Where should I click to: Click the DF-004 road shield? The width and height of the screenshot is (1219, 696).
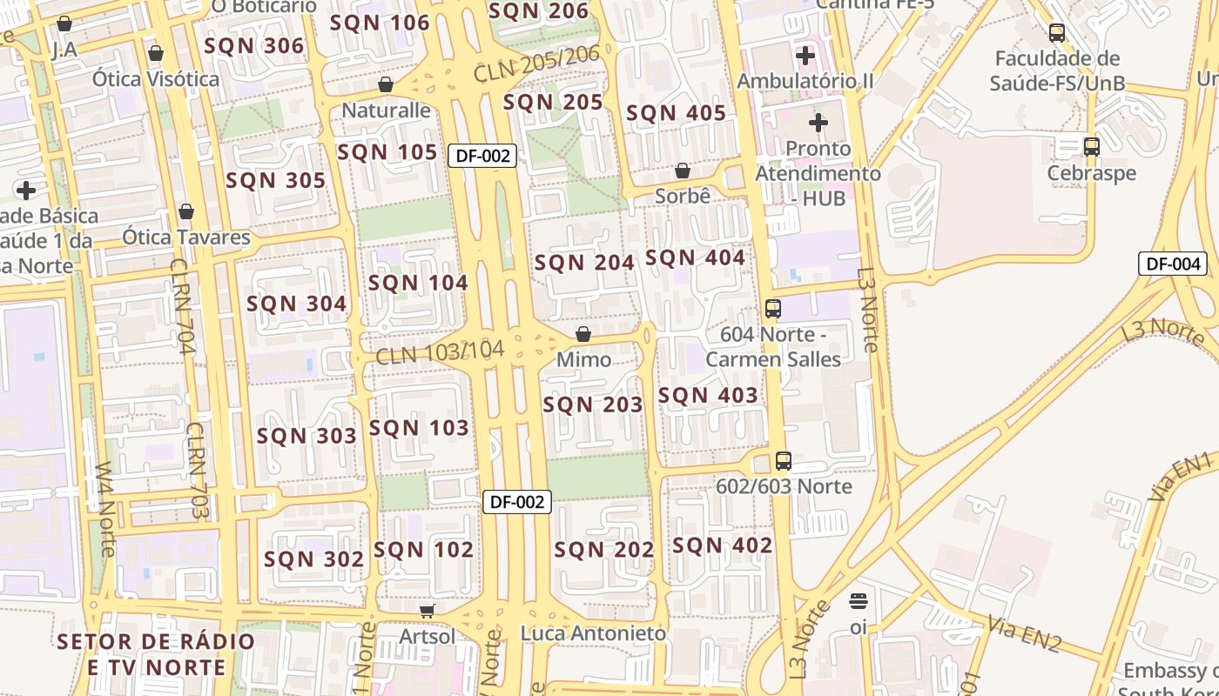point(1173,264)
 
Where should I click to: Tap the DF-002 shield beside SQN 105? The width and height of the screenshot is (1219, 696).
point(482,156)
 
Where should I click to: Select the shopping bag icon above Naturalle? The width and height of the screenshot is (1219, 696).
point(386,84)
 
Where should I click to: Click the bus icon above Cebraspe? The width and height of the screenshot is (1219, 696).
point(1092,146)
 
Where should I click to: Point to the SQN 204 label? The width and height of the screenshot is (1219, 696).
point(584,262)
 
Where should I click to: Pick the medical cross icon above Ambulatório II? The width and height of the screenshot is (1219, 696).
point(805,56)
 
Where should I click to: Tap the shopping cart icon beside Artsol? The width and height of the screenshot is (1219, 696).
point(427,612)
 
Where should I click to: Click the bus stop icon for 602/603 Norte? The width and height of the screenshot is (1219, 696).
point(784,461)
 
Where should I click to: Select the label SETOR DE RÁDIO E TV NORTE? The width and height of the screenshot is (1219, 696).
point(156,654)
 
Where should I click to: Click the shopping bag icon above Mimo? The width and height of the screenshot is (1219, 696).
point(583,335)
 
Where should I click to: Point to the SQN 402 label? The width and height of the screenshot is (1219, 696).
point(722,545)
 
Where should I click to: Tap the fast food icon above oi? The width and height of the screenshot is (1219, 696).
point(859,601)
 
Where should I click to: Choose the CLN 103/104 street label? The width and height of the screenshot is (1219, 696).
point(440,352)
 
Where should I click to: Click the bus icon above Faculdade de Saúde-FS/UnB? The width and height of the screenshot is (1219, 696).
point(1057,33)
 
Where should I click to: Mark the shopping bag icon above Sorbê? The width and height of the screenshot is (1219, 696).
point(683,171)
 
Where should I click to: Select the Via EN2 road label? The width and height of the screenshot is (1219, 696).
point(1025,633)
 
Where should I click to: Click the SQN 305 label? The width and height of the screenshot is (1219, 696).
point(275,181)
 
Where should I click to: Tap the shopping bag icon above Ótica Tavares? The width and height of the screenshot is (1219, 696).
point(186,211)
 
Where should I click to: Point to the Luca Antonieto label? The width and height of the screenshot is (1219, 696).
point(593,633)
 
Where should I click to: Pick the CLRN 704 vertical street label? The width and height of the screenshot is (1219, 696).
point(183,306)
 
